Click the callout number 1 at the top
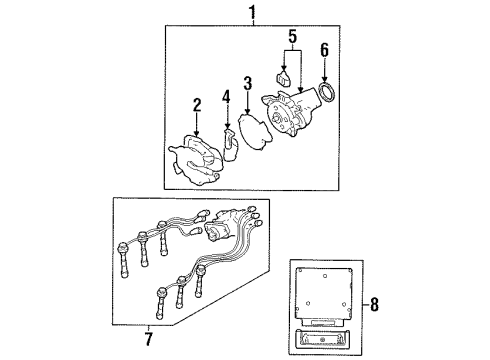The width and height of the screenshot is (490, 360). (253, 13)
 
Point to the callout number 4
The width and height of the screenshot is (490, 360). (227, 97)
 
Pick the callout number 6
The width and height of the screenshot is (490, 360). (324, 50)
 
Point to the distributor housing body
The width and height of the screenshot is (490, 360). (290, 112)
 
